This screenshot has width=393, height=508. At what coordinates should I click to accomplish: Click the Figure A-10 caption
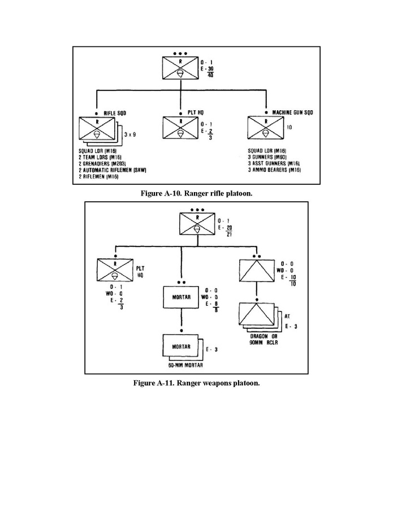coord(196,193)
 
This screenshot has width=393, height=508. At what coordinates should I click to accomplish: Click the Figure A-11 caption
coord(196,383)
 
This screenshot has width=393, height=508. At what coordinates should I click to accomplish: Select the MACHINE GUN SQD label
coord(293,112)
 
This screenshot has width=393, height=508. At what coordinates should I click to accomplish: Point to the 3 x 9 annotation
coord(129,136)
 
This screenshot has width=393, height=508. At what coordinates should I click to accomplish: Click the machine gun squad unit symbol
coord(264,129)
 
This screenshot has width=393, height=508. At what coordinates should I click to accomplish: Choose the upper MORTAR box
coord(180,297)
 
